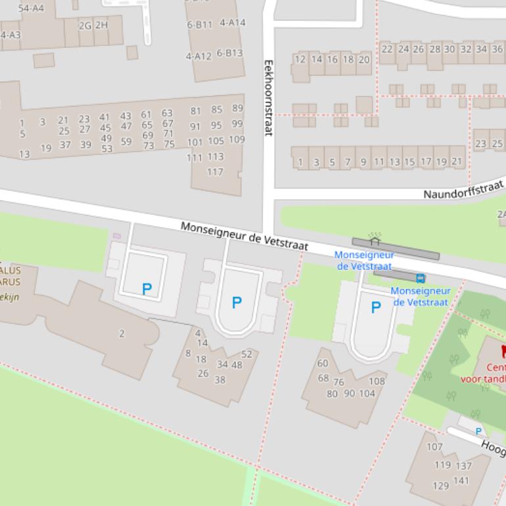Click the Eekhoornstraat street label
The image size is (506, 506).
pyautogui.click(x=268, y=98)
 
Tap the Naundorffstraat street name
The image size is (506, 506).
pyautogui.click(x=463, y=190)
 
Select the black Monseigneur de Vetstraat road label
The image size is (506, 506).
pyautogui.click(x=244, y=235)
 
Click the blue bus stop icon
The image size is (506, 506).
pyautogui.click(x=421, y=278)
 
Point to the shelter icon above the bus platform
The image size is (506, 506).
pyautogui.click(x=375, y=238)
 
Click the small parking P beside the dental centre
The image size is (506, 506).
pyautogui.click(x=478, y=432)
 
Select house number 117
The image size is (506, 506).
pyautogui.click(x=215, y=172)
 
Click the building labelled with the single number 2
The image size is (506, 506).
pyautogui.click(x=122, y=334)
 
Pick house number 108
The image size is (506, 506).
pyautogui.click(x=377, y=381)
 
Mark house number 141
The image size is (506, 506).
pyautogui.click(x=462, y=480)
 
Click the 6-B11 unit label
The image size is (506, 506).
pyautogui.click(x=200, y=25)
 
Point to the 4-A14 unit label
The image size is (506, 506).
pyautogui.click(x=232, y=22)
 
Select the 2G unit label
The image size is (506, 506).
pyautogui.click(x=85, y=26)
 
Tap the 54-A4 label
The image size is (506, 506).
pyautogui.click(x=31, y=9)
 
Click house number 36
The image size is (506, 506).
pyautogui.click(x=497, y=49)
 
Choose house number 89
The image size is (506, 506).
pyautogui.click(x=237, y=108)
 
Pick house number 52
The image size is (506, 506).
pyautogui.click(x=246, y=354)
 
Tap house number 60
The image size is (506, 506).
pyautogui.click(x=323, y=363)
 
